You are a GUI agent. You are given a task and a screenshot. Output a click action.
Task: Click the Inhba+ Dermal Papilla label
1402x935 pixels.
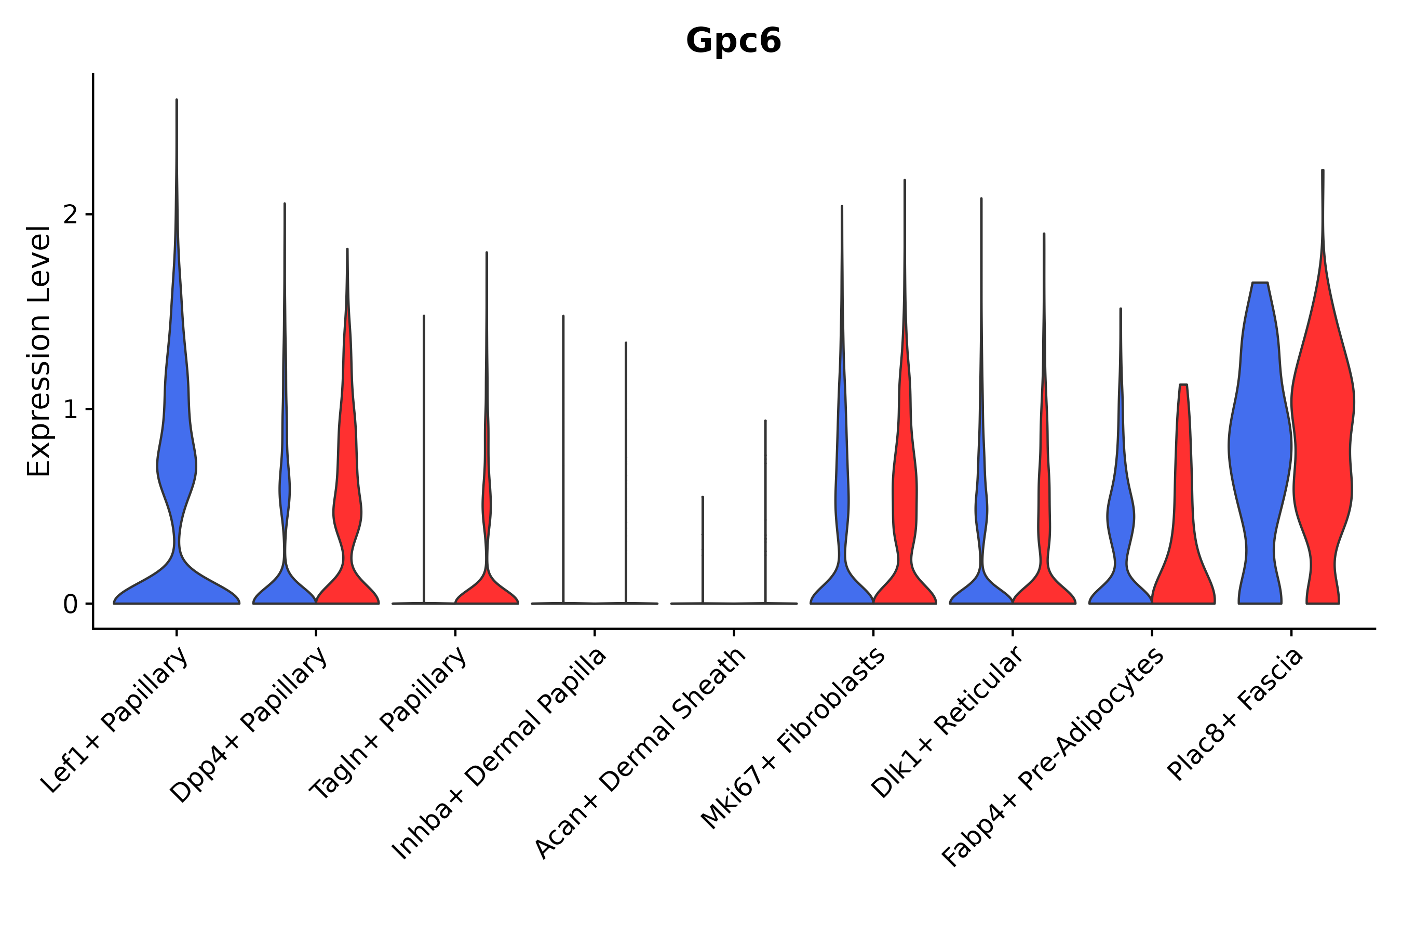[x=500, y=754]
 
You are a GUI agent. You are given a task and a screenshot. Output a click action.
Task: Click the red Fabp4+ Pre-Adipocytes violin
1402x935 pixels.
[x=1183, y=537]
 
